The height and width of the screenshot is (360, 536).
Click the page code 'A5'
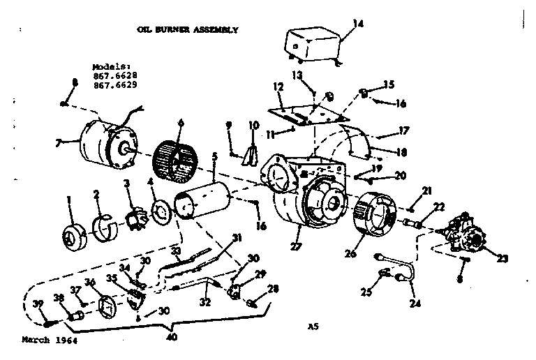(312, 324)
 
